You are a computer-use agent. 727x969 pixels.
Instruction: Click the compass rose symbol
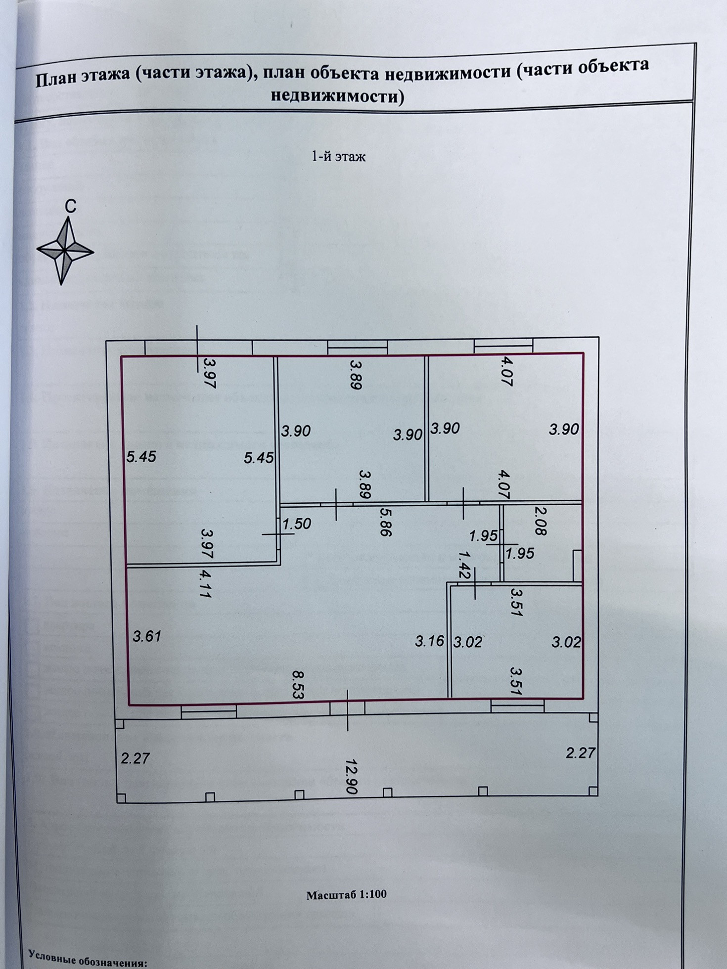tap(65, 251)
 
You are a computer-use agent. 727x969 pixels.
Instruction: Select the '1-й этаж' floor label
tap(338, 157)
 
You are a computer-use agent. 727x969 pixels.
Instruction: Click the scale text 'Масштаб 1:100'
tap(346, 894)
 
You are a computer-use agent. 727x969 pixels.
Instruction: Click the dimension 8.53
tap(298, 684)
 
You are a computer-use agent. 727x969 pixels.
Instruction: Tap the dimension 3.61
tap(147, 636)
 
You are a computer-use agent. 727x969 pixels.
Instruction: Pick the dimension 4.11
tap(206, 585)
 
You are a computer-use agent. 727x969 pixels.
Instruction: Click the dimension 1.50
tap(296, 524)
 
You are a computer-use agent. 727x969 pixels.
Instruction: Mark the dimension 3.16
tap(429, 642)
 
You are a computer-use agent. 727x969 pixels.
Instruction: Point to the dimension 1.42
tap(463, 565)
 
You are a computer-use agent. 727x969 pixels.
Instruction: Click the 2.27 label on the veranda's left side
tap(135, 758)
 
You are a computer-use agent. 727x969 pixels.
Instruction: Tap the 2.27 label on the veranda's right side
tap(580, 753)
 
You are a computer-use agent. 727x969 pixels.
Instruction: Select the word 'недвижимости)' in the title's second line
tap(337, 96)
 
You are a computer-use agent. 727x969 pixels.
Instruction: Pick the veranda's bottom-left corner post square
tap(121, 798)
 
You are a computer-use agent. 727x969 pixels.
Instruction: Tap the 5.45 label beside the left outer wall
tap(141, 456)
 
